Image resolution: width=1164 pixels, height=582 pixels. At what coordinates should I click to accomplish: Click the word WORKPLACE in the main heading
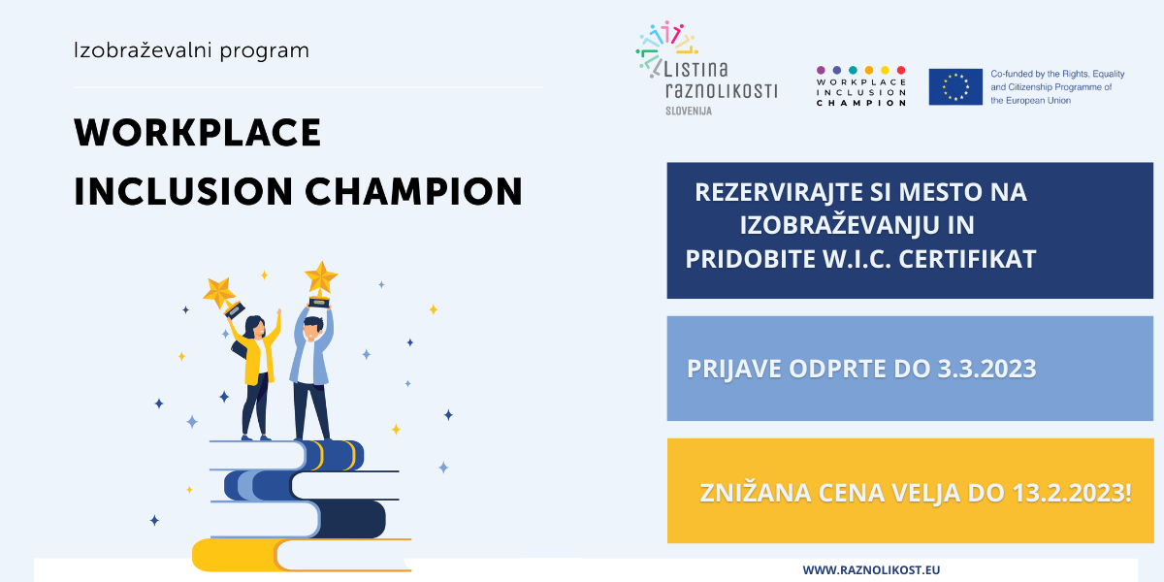[198, 133]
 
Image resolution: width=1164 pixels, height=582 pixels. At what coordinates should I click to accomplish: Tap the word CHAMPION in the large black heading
[413, 191]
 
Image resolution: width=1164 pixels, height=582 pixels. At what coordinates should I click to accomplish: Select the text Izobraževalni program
[191, 50]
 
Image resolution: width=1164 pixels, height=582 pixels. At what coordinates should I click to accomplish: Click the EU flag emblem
[955, 86]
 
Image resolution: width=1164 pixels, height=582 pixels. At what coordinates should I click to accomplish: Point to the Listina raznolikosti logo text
[722, 80]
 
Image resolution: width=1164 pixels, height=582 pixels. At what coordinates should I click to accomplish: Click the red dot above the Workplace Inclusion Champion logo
[901, 70]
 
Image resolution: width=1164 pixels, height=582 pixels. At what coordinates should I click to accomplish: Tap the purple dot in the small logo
[821, 70]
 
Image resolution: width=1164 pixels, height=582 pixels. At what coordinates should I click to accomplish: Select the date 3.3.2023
[986, 369]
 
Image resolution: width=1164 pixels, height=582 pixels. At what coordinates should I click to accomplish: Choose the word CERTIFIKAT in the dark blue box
[968, 259]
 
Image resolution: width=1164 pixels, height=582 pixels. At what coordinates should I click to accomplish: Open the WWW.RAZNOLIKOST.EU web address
[871, 570]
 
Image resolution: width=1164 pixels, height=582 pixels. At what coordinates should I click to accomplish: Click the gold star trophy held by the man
[321, 283]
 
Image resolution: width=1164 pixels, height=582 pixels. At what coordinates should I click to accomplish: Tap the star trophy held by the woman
[223, 297]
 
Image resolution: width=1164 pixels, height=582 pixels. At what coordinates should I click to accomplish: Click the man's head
[313, 328]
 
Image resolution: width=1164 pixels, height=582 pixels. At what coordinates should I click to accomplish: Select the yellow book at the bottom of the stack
[302, 555]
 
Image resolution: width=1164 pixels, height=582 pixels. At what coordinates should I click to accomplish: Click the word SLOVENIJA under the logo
[689, 111]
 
